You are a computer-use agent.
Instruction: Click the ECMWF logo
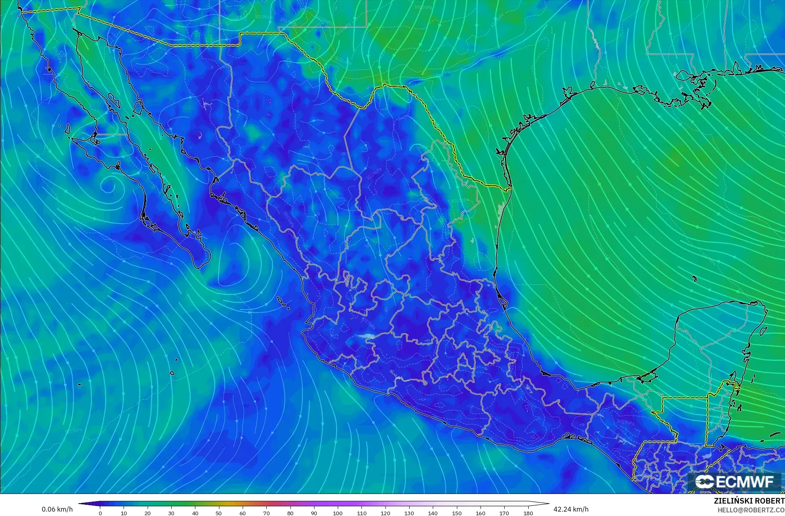[x=734, y=482]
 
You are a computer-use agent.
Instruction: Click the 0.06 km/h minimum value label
[x=57, y=509]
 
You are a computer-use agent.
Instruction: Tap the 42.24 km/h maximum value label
[x=571, y=509]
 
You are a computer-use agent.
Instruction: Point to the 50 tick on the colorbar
[x=219, y=513]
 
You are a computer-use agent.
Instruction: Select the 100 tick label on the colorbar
[x=338, y=513]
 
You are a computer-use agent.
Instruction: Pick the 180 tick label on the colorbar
[x=528, y=513]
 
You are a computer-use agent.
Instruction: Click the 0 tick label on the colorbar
[x=100, y=513]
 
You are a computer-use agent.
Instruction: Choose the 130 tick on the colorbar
[x=409, y=513]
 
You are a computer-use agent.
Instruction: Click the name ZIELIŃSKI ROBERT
[x=749, y=501]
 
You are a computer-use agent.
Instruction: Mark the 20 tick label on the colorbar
[x=148, y=513]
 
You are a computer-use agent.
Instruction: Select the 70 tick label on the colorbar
[x=266, y=513]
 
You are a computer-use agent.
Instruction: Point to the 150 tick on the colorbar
[x=456, y=513]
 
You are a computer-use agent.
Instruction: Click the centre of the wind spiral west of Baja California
[x=108, y=186]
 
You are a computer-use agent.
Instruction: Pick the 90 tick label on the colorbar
[x=314, y=513]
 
